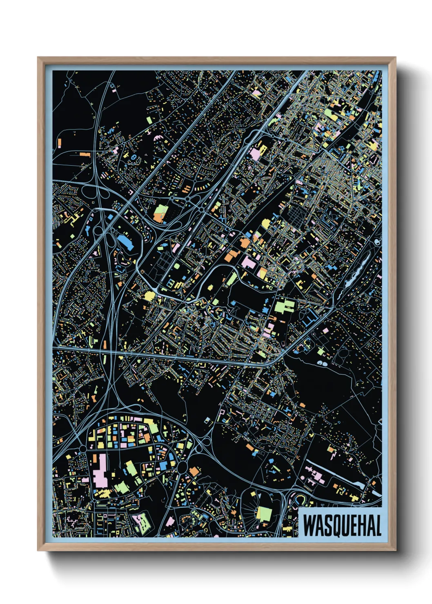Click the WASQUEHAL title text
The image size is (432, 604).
click(342, 525)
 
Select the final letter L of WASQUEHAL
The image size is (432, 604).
click(378, 525)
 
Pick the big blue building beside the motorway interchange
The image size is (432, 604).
click(125, 242)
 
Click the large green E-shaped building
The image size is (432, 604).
click(285, 306)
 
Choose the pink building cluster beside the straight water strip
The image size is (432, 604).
click(314, 475)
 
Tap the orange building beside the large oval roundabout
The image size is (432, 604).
click(194, 471)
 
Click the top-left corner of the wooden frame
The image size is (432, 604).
click(38, 58)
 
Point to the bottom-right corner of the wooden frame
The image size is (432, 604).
click(395, 550)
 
